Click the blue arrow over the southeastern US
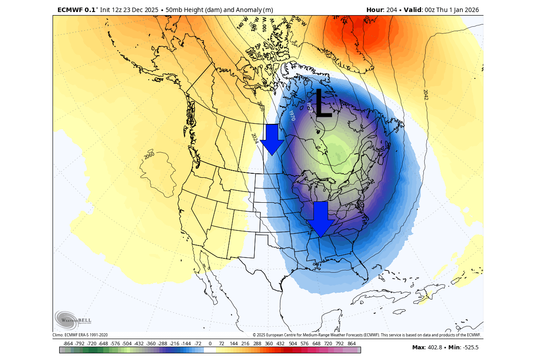(321, 219)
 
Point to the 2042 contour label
(426, 94)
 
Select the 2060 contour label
(149, 155)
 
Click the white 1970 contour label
(292, 116)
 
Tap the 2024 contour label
(255, 139)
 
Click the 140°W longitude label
(242, 24)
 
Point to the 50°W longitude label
(301, 21)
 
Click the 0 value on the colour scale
(210, 344)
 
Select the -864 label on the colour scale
(68, 344)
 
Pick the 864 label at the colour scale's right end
(351, 344)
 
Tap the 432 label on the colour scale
(280, 344)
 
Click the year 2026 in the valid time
(471, 10)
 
